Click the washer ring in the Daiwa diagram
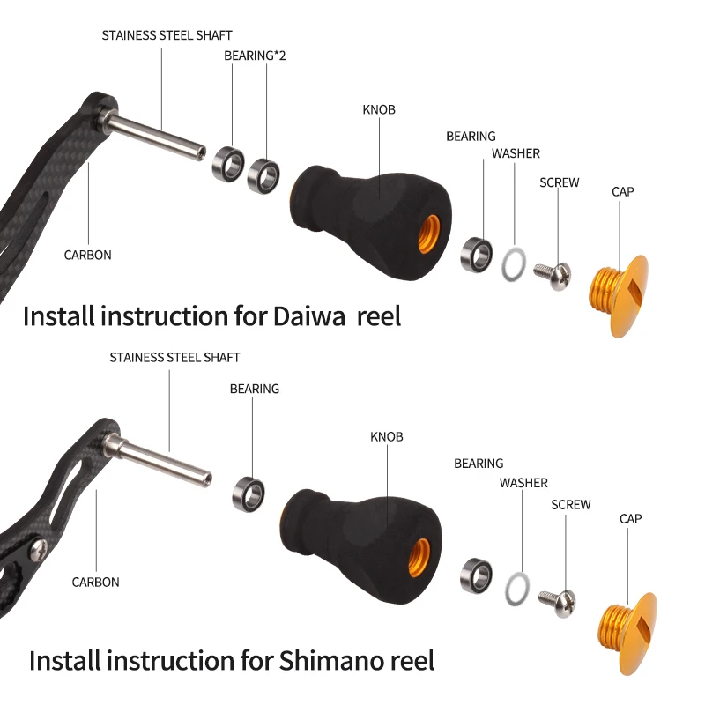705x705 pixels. pos(515,263)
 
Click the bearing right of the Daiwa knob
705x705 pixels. pos(477,253)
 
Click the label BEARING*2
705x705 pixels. pos(255,56)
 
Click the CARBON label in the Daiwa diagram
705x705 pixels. pos(88,256)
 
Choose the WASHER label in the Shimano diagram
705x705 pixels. pos(523,483)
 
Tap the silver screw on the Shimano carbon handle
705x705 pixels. pos(39,551)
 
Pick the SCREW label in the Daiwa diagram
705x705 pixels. pos(560,182)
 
